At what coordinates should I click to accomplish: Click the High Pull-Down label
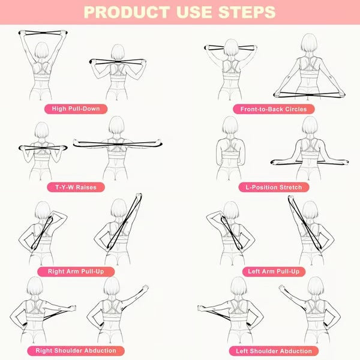76,109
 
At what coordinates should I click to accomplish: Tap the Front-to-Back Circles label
273,109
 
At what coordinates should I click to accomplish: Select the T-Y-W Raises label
76,187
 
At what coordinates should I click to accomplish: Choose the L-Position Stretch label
273,187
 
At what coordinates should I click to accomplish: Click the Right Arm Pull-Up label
76,271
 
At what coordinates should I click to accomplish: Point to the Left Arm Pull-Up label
273,271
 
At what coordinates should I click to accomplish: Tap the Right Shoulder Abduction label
76,350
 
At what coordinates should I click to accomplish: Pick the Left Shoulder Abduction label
273,350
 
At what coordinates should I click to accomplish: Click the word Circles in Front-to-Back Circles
293,109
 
